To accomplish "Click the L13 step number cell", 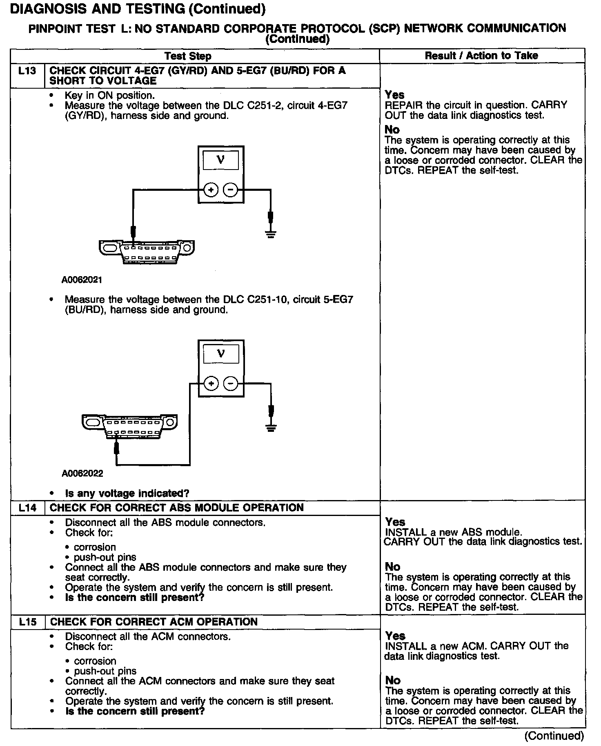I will [x=27, y=71].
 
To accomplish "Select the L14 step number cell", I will [x=27, y=508].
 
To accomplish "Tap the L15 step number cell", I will [x=27, y=622].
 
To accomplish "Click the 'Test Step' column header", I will [x=188, y=56].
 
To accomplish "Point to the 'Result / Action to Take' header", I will [x=481, y=56].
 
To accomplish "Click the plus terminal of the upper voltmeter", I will [x=211, y=190].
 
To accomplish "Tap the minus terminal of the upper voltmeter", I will [x=231, y=190].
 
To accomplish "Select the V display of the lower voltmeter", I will [x=221, y=353].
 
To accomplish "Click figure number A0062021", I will [x=82, y=280].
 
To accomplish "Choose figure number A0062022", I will [x=82, y=474].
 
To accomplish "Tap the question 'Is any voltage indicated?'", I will [x=127, y=494].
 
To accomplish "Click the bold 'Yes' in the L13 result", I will [x=394, y=95].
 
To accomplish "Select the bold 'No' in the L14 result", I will [x=392, y=567].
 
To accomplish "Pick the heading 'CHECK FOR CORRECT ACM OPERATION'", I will [x=154, y=622].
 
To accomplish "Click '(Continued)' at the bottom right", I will [x=554, y=736].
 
